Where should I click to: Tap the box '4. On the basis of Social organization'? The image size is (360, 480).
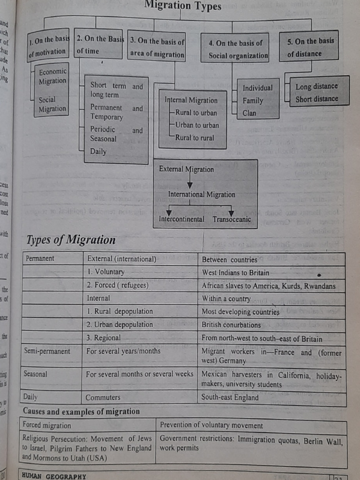pos(235,49)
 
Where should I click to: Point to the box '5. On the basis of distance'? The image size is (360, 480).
pos(308,47)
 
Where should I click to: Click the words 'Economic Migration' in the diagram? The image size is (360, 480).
pos(52,76)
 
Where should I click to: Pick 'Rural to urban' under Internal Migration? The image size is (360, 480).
pos(196,113)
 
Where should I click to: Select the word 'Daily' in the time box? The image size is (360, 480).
pos(98,151)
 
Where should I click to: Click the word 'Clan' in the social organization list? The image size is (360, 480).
pos(249,113)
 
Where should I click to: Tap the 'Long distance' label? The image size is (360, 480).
pos(316,86)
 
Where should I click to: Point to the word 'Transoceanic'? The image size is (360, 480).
pos(232,219)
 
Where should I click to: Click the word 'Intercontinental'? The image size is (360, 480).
pos(181,219)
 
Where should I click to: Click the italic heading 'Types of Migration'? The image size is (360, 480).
pos(71,240)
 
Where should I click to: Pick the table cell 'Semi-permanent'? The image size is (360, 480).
pos(47,351)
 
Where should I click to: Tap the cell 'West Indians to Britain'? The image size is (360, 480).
pos(235,272)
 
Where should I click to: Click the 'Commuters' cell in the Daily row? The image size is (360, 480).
pos(103,397)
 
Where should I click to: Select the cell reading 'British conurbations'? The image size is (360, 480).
pos(231,324)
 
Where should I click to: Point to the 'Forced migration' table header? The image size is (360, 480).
pos(47,426)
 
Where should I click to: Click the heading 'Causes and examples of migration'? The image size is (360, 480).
pos(81,412)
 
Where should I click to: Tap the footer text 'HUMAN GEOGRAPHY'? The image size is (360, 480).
pos(54,476)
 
